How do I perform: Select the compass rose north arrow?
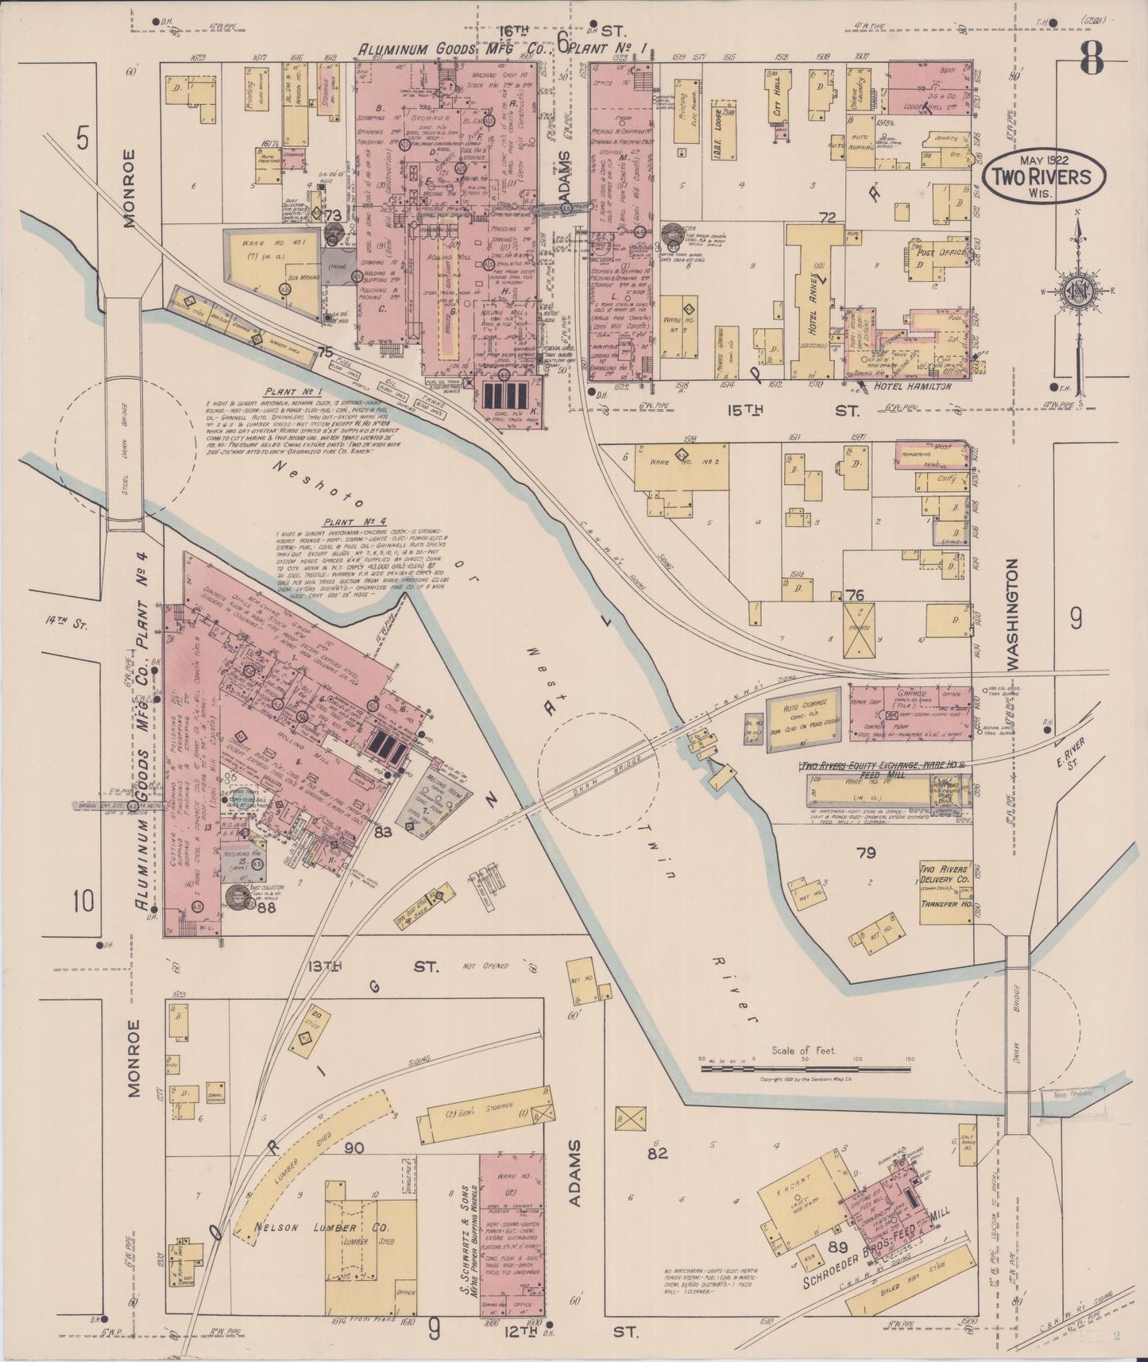[x=1076, y=286]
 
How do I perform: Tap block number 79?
[x=865, y=853]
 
